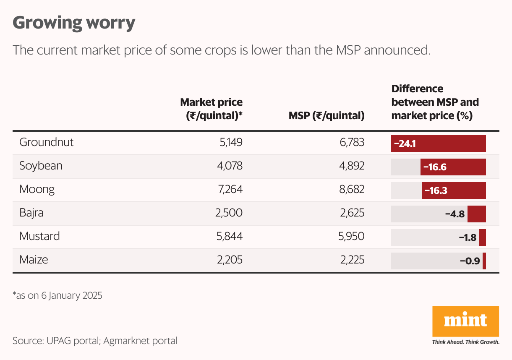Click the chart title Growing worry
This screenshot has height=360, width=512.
tap(74, 23)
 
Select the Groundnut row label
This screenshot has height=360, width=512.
tap(46, 142)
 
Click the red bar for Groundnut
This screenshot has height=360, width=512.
tap(438, 143)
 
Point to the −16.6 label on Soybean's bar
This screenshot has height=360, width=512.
tap(435, 167)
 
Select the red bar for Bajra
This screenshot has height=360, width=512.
tap(476, 214)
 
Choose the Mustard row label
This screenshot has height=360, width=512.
tap(39, 236)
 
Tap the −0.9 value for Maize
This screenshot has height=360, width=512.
tap(470, 261)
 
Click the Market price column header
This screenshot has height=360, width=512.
tap(212, 109)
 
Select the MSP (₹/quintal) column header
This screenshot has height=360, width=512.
tap(326, 115)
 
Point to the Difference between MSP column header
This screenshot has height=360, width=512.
tap(435, 102)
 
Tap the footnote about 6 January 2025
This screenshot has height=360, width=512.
tap(57, 295)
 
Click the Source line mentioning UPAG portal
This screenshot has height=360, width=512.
tap(95, 341)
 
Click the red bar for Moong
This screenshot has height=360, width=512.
tap(454, 190)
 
